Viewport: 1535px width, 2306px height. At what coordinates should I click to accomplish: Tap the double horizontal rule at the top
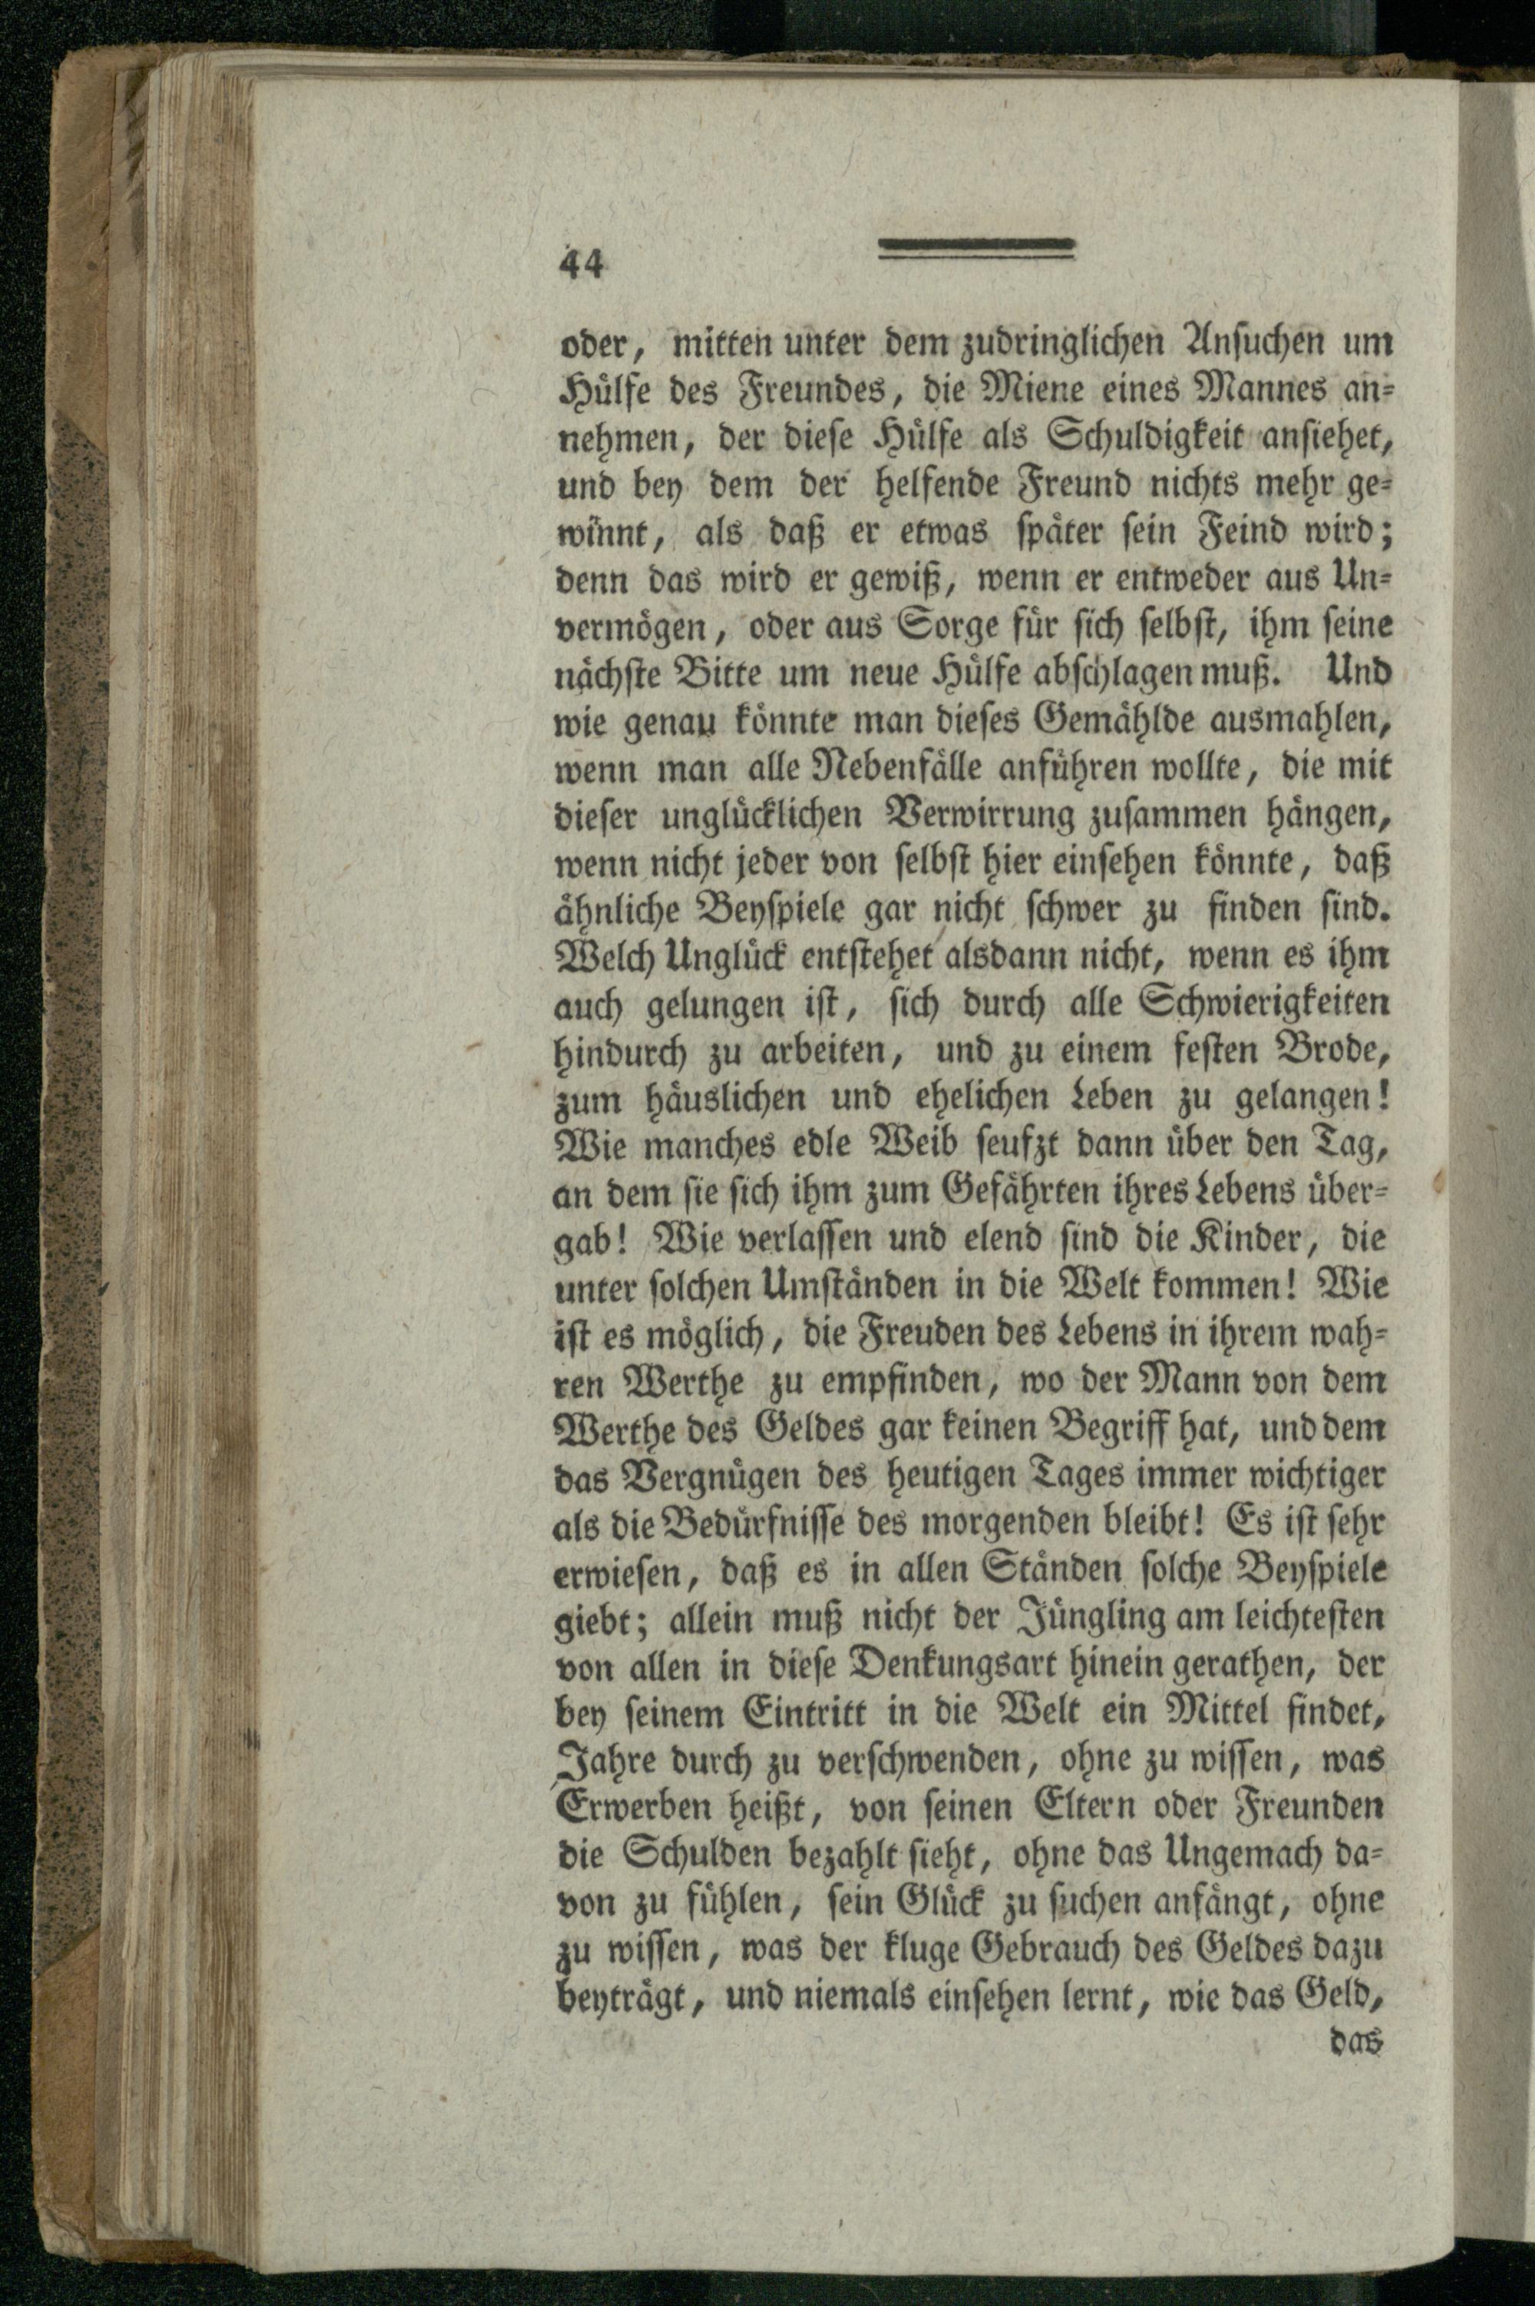coord(976,250)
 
